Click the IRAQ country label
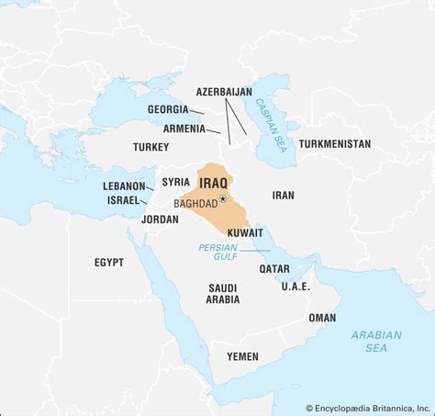coord(212,171)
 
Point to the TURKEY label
coord(151,147)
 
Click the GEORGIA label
coord(169,109)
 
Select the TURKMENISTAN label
coord(335,144)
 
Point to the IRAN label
coord(284,195)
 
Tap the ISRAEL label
coord(122,200)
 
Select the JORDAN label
coord(160,219)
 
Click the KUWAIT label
coord(244,234)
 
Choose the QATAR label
coord(274,269)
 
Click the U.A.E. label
coord(296,286)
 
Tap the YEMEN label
coord(242,355)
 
